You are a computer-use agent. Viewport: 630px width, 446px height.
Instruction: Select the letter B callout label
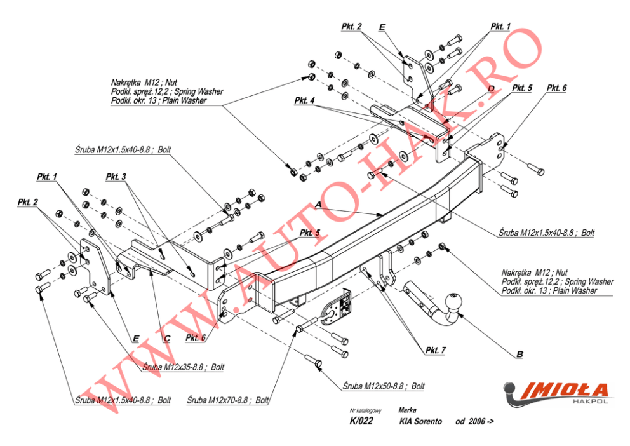(519, 353)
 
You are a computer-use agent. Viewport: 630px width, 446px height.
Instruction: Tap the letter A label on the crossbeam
(318, 203)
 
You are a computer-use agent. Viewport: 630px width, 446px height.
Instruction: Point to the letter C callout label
(166, 339)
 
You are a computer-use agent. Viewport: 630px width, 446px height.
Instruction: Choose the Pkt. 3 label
(116, 176)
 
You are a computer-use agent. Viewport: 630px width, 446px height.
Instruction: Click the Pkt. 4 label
(305, 100)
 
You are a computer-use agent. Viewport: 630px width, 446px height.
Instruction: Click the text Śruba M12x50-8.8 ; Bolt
(383, 386)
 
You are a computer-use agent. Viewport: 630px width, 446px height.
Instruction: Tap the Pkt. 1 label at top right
(500, 27)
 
